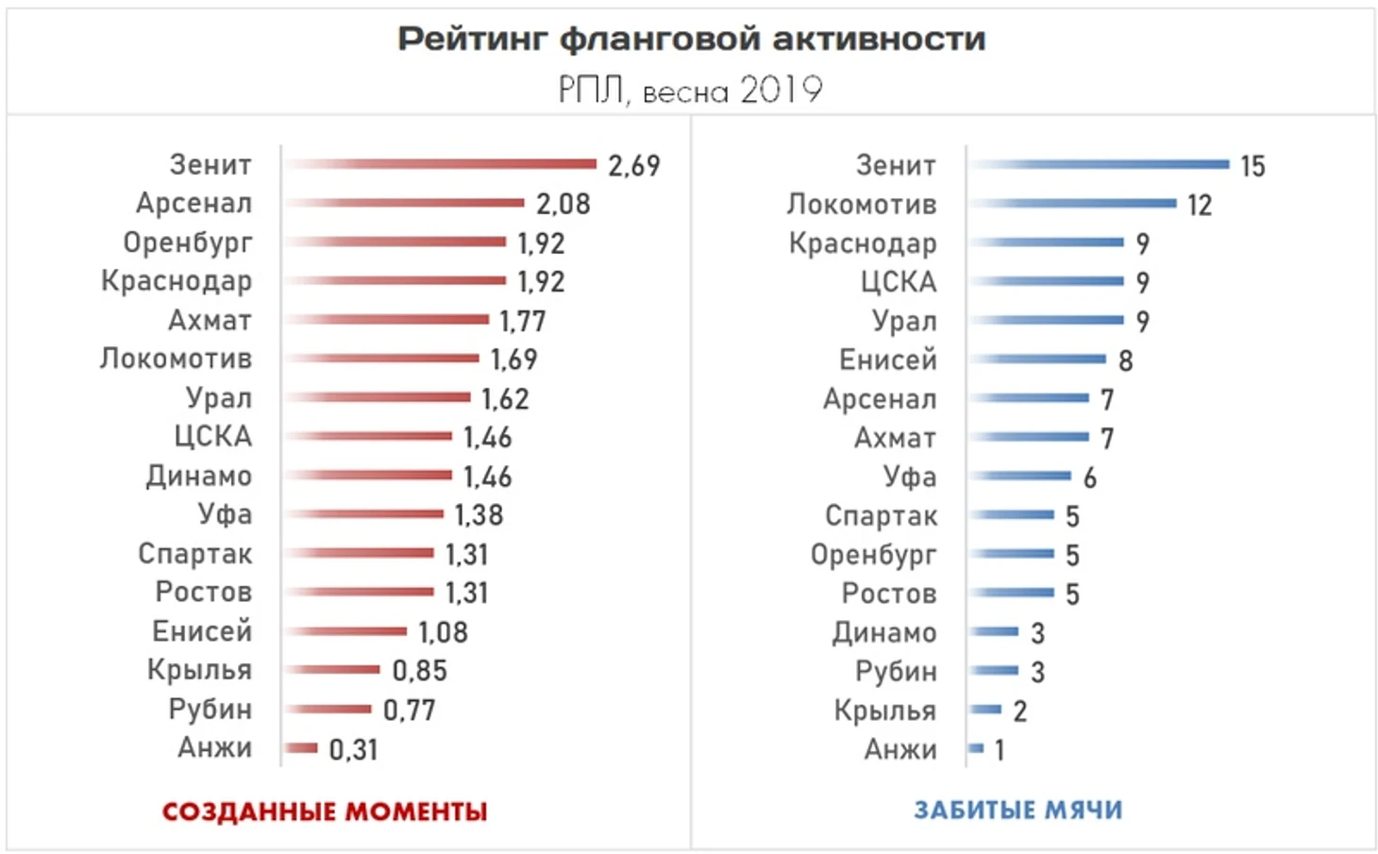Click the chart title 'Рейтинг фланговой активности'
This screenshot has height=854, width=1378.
pos(691,39)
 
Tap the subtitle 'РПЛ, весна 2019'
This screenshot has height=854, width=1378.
pos(690,91)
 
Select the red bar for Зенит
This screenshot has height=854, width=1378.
pos(441,164)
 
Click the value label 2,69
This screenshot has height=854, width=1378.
pos(633,166)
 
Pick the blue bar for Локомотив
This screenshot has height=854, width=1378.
pos(1073,203)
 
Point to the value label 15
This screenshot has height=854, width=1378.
pos(1252,167)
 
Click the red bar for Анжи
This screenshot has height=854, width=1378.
pos(301,748)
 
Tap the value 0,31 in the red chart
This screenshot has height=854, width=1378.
pos(353,750)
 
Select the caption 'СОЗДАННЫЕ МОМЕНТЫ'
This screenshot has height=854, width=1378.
pos(325,812)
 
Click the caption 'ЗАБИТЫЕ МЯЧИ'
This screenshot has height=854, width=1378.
pos(1017,811)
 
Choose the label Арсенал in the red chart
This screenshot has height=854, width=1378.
pos(193,203)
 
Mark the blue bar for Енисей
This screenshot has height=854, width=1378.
pos(1038,359)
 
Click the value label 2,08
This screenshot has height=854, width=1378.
pos(563,204)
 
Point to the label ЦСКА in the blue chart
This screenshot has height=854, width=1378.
pos(898,282)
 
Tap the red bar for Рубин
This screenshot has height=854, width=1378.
pos(330,709)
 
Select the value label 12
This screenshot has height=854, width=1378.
pos(1199,206)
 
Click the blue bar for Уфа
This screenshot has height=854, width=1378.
pos(1021,476)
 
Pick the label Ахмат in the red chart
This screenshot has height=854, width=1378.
pos(210,320)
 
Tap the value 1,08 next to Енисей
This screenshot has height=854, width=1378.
pos(443,632)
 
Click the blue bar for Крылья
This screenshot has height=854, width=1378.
pos(986,709)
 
